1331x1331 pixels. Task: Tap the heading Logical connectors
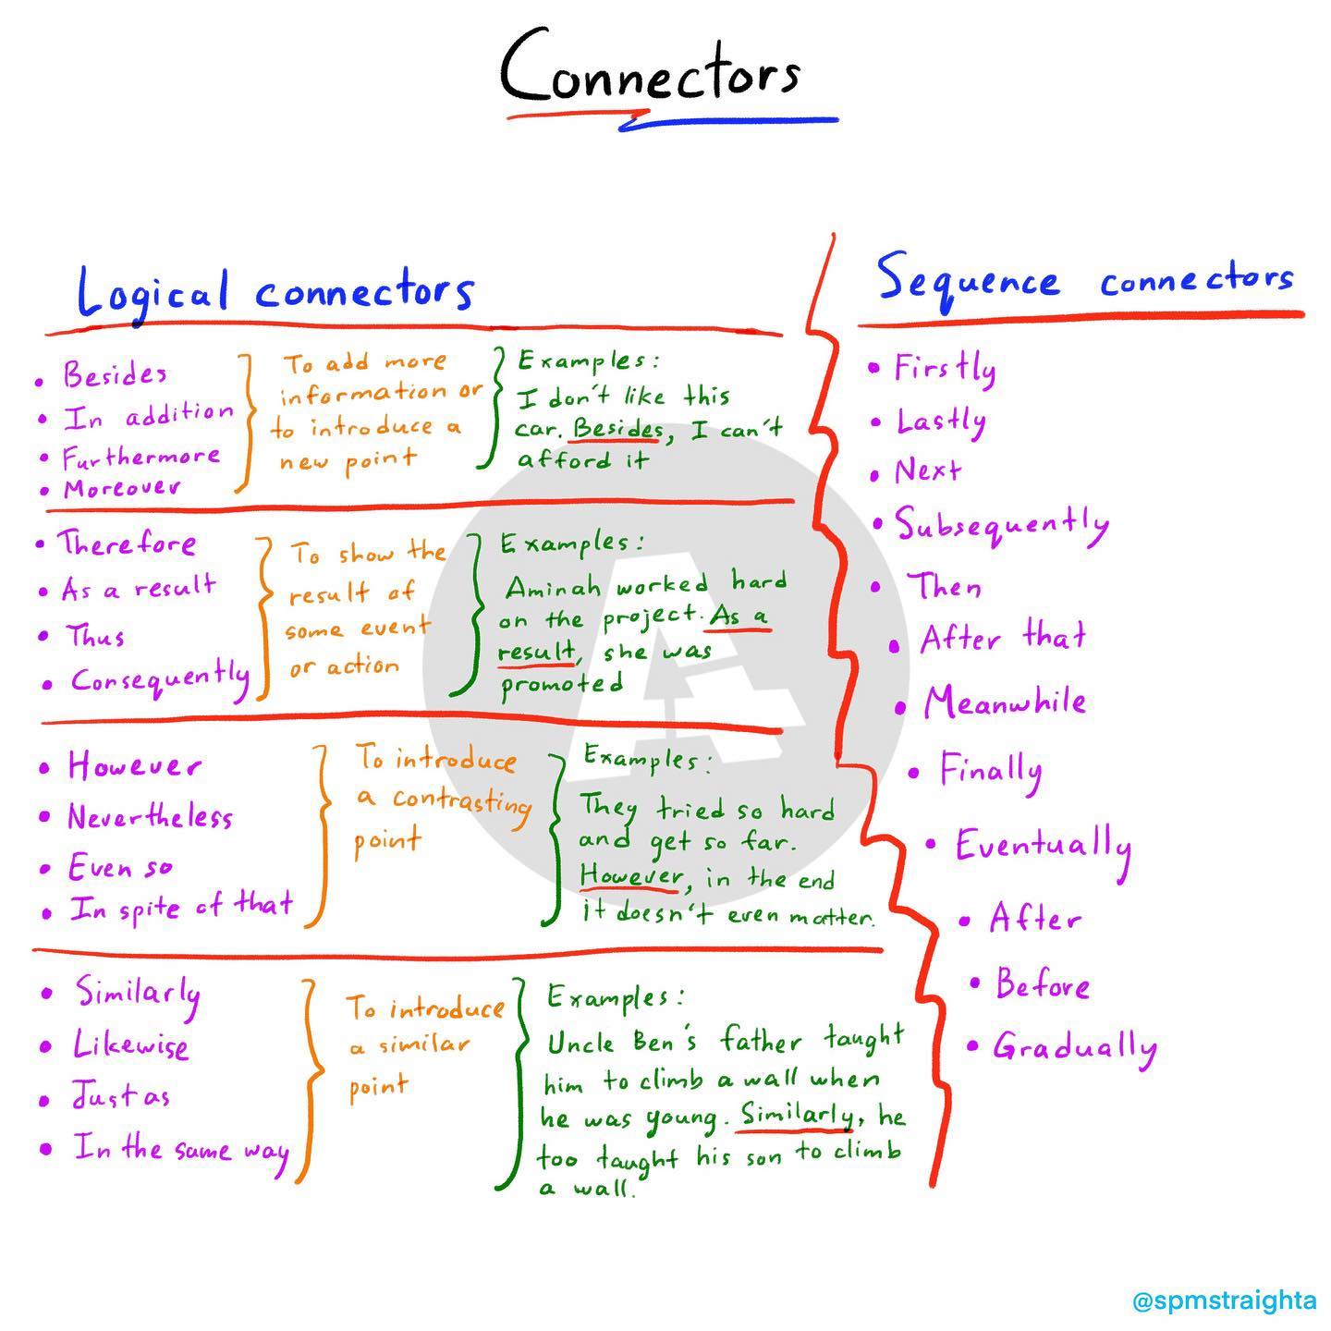tap(275, 294)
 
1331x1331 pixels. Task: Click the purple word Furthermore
tap(140, 456)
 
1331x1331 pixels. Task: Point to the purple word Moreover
tap(122, 488)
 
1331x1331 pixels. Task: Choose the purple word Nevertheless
tap(150, 816)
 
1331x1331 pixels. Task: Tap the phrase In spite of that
tap(181, 906)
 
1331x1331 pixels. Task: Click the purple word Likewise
tap(130, 1044)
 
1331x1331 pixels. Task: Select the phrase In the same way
tap(181, 1149)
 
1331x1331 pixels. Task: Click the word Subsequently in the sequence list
tap(1002, 525)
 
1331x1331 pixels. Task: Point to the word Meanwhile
tap(1005, 702)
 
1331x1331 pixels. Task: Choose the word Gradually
tap(1075, 1047)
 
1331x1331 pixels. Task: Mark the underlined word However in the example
tap(630, 876)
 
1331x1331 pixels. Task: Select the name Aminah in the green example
tap(553, 587)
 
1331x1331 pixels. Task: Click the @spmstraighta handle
tap(1225, 1301)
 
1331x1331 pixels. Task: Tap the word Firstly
tap(945, 368)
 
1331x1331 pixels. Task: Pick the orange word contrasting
tap(462, 802)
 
